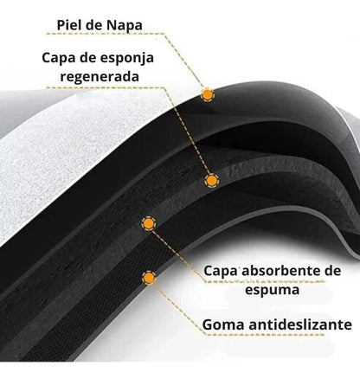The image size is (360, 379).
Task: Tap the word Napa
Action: click(125, 25)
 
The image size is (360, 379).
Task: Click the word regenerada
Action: click(100, 77)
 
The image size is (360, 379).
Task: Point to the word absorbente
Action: click(279, 271)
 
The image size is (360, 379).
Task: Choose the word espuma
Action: click(272, 290)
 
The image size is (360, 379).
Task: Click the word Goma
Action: click(224, 324)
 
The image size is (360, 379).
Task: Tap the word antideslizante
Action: click(300, 324)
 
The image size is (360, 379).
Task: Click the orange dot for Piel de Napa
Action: click(207, 94)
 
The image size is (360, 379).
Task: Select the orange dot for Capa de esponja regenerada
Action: click(212, 181)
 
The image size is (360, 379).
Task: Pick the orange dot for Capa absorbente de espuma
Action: click(149, 223)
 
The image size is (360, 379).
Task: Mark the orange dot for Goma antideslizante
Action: click(149, 278)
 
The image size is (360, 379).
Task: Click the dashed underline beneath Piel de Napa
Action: click(106, 34)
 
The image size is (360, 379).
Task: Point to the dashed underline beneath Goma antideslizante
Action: click(265, 335)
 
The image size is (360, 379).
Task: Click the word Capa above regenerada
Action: click(60, 59)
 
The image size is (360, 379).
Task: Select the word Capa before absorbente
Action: click(221, 272)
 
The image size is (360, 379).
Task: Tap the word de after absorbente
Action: click(330, 271)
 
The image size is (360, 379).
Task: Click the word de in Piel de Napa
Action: click(93, 25)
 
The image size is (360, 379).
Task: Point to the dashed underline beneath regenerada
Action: click(106, 87)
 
